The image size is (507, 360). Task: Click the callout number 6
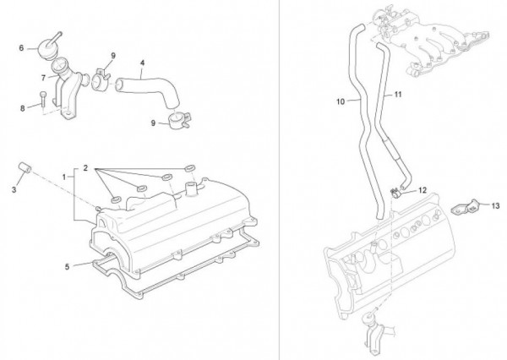pos(22,48)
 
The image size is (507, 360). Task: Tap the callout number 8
pos(22,107)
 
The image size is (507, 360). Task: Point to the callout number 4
pos(141,63)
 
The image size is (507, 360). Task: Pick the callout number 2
pos(86,169)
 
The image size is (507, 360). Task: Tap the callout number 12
pos(422,191)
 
